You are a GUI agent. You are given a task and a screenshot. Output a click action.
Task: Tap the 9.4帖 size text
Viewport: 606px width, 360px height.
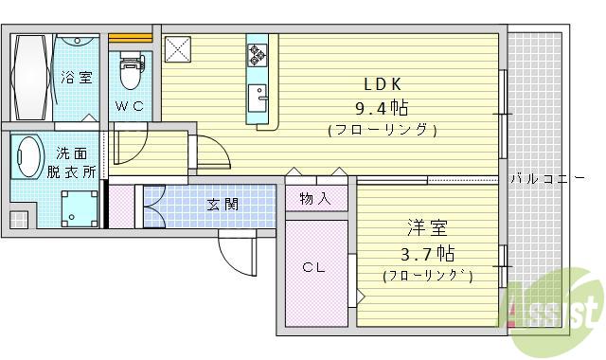pos(383,106)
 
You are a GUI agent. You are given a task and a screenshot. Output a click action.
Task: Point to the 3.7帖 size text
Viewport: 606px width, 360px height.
pos(426,253)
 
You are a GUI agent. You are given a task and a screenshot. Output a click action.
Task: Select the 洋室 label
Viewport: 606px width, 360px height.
pos(427,228)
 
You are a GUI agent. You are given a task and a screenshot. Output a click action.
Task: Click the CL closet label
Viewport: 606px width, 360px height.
pos(314,268)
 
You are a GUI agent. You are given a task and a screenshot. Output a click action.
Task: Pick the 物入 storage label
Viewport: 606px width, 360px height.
pos(315,198)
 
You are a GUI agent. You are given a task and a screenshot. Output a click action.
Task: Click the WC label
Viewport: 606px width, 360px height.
pos(130,106)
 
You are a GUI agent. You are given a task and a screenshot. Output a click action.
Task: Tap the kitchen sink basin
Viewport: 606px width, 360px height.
pos(258,97)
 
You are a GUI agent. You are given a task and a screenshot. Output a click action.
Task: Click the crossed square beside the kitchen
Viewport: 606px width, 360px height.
pos(177,47)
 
